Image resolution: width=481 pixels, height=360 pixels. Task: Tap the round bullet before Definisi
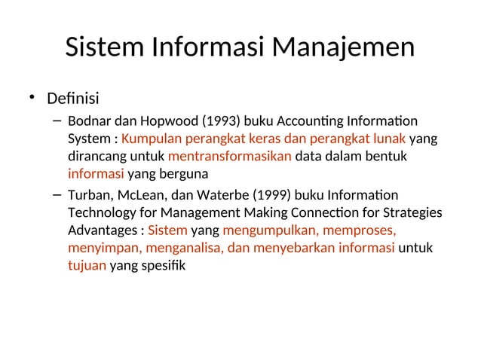coord(32,96)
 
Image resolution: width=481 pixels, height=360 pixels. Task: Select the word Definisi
coord(73,99)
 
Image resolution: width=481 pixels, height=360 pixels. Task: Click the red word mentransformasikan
coord(229,157)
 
